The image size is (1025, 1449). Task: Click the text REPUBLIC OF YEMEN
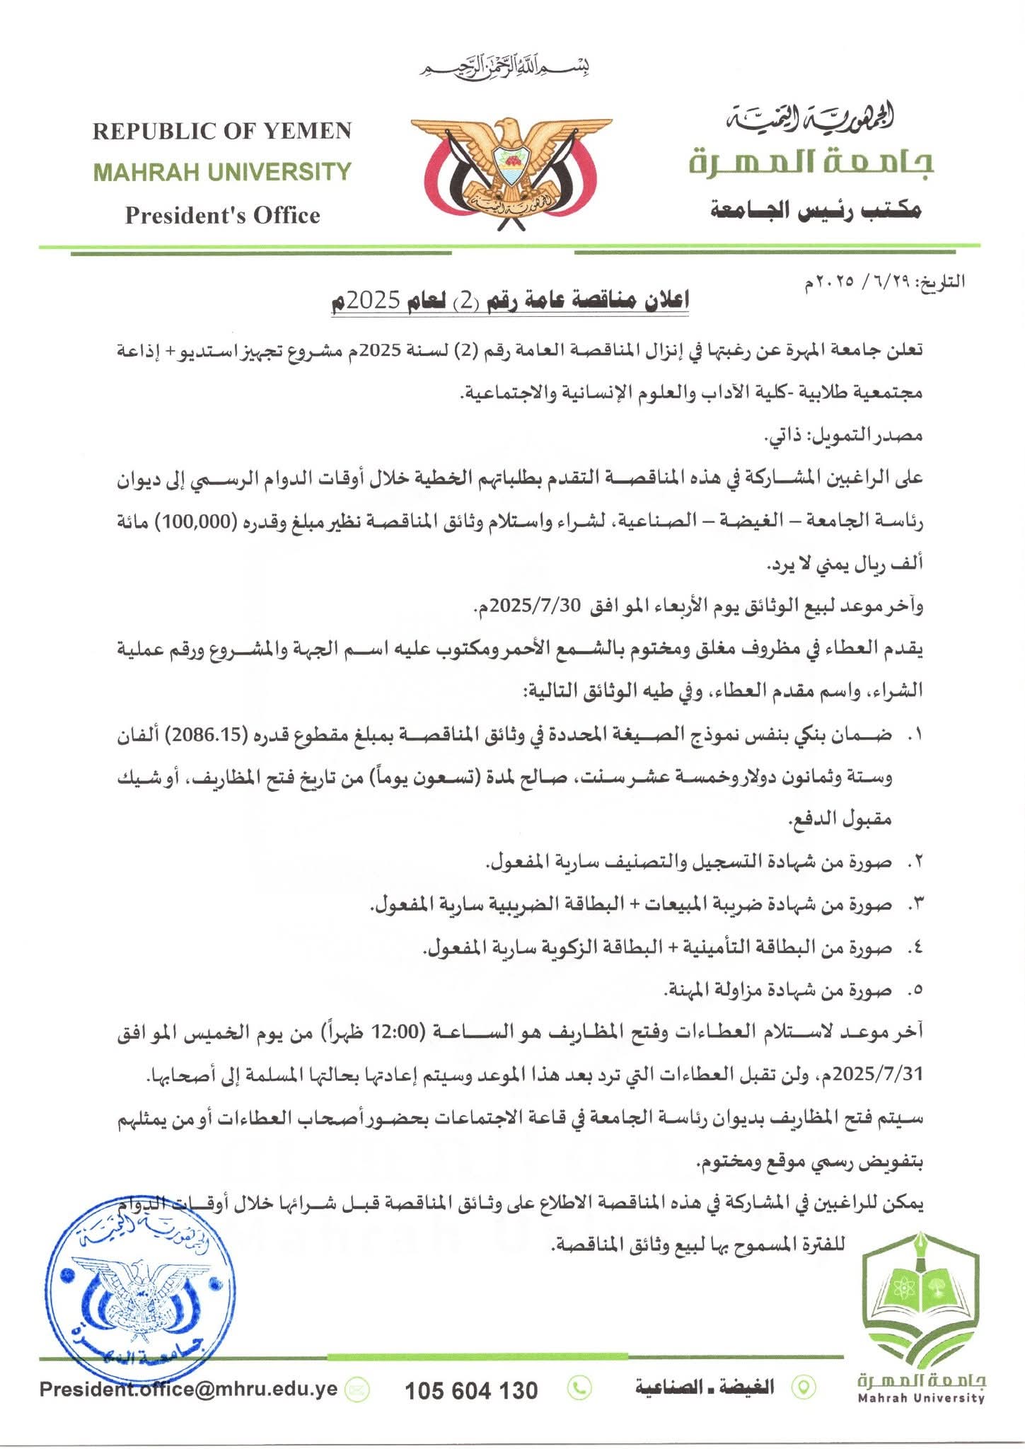(x=221, y=131)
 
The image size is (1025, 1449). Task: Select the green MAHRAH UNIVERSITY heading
(x=222, y=172)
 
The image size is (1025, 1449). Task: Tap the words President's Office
(x=222, y=215)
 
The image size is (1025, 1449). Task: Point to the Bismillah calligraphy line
(x=506, y=68)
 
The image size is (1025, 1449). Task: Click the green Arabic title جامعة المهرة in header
(x=811, y=163)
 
